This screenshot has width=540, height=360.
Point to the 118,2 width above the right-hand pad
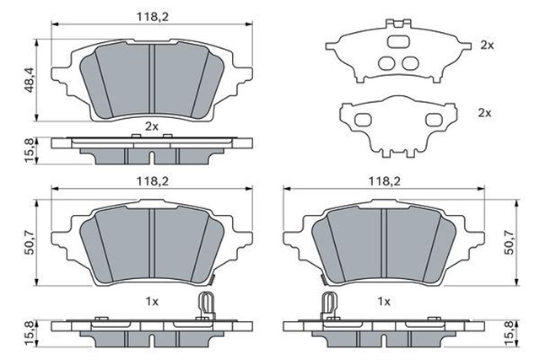[x=384, y=181]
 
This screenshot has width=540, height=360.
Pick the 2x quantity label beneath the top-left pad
[x=152, y=126]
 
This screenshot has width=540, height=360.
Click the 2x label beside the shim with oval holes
[x=485, y=45]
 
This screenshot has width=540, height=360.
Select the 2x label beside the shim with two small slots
[x=485, y=112]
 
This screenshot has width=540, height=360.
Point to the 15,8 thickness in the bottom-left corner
[x=29, y=331]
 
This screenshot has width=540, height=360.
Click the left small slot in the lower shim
[x=364, y=118]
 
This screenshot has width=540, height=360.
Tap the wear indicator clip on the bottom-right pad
[x=327, y=305]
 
